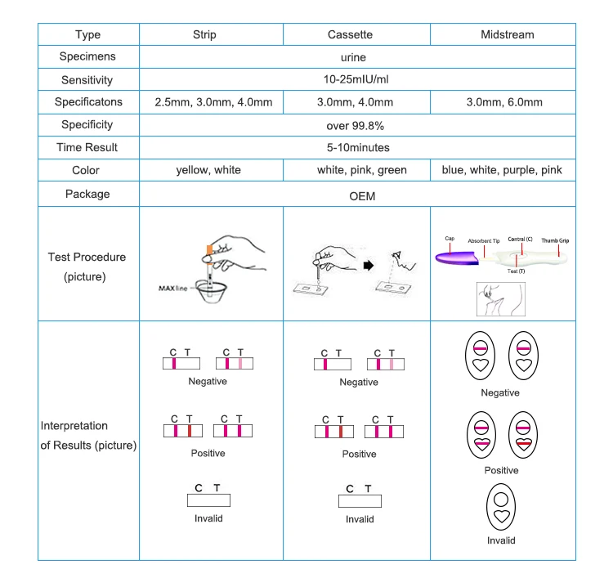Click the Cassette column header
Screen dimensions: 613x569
[x=350, y=34]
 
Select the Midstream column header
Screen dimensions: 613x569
[x=507, y=34]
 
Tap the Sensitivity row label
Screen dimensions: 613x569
[x=87, y=80]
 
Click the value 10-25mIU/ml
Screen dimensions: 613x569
[x=356, y=79]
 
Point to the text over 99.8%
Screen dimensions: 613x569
[x=355, y=126]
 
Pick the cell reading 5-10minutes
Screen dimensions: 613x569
[x=358, y=147]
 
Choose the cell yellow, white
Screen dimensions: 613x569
[x=208, y=170]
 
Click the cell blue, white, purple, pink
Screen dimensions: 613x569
[x=502, y=170]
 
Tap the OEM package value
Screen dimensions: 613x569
[x=362, y=196]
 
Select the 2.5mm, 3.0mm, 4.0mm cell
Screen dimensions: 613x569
[x=213, y=102]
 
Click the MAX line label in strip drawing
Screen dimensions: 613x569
[x=172, y=289]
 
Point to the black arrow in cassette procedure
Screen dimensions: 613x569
[x=369, y=266]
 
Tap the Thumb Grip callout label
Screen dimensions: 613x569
[x=555, y=240]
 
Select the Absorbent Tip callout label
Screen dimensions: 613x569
[x=484, y=241]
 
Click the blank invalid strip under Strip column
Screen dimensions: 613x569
[x=208, y=500]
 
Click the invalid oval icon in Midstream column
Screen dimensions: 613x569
[x=501, y=507]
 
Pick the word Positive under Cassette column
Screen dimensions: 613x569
[x=359, y=454]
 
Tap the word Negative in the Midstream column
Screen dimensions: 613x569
[x=500, y=392]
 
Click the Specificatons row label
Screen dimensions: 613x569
[x=88, y=101]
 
